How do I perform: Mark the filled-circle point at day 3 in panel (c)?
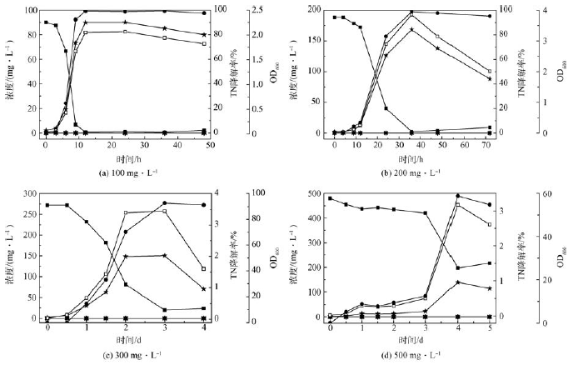click(x=165, y=203)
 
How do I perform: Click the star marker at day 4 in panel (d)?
click(x=458, y=282)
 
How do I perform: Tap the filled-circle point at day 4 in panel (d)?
click(x=458, y=196)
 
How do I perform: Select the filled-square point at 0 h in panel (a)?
click(x=46, y=22)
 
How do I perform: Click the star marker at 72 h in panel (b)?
click(x=489, y=79)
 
